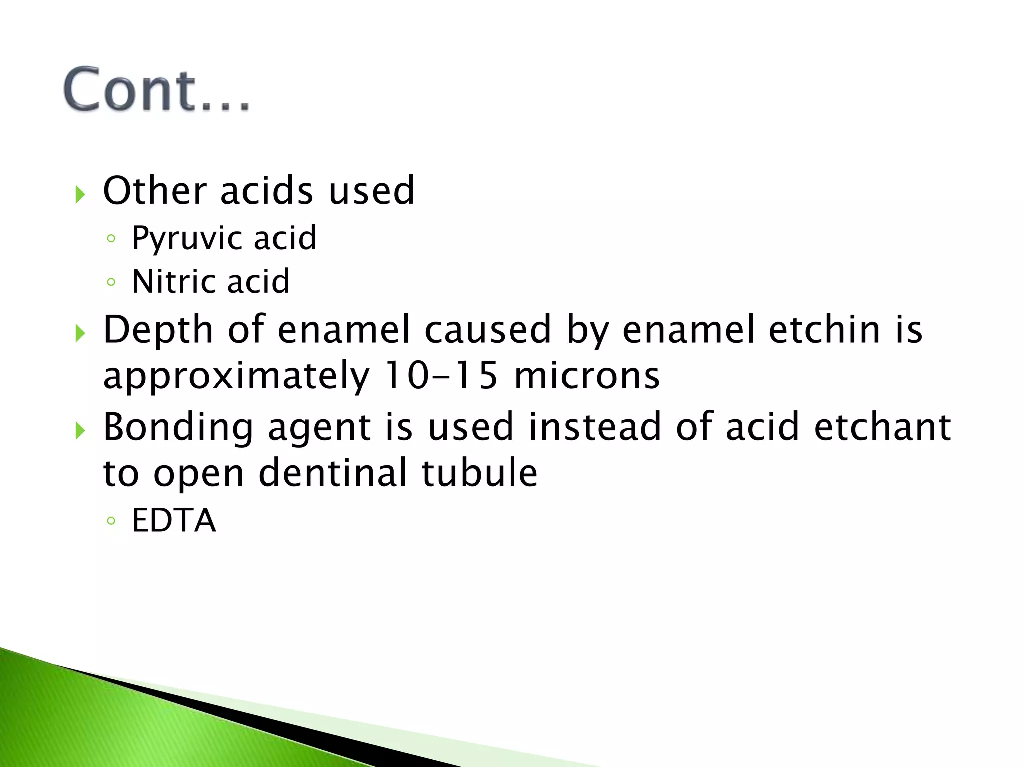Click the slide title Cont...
(156, 90)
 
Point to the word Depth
(158, 330)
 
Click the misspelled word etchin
(825, 330)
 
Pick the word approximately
(236, 376)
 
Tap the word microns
(587, 376)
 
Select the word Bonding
(178, 428)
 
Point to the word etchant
(882, 427)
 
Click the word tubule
(480, 473)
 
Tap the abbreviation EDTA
(174, 520)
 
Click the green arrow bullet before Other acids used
(80, 194)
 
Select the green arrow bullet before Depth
(80, 333)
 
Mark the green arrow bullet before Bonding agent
(80, 430)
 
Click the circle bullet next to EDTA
(111, 521)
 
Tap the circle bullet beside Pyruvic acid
(111, 239)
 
